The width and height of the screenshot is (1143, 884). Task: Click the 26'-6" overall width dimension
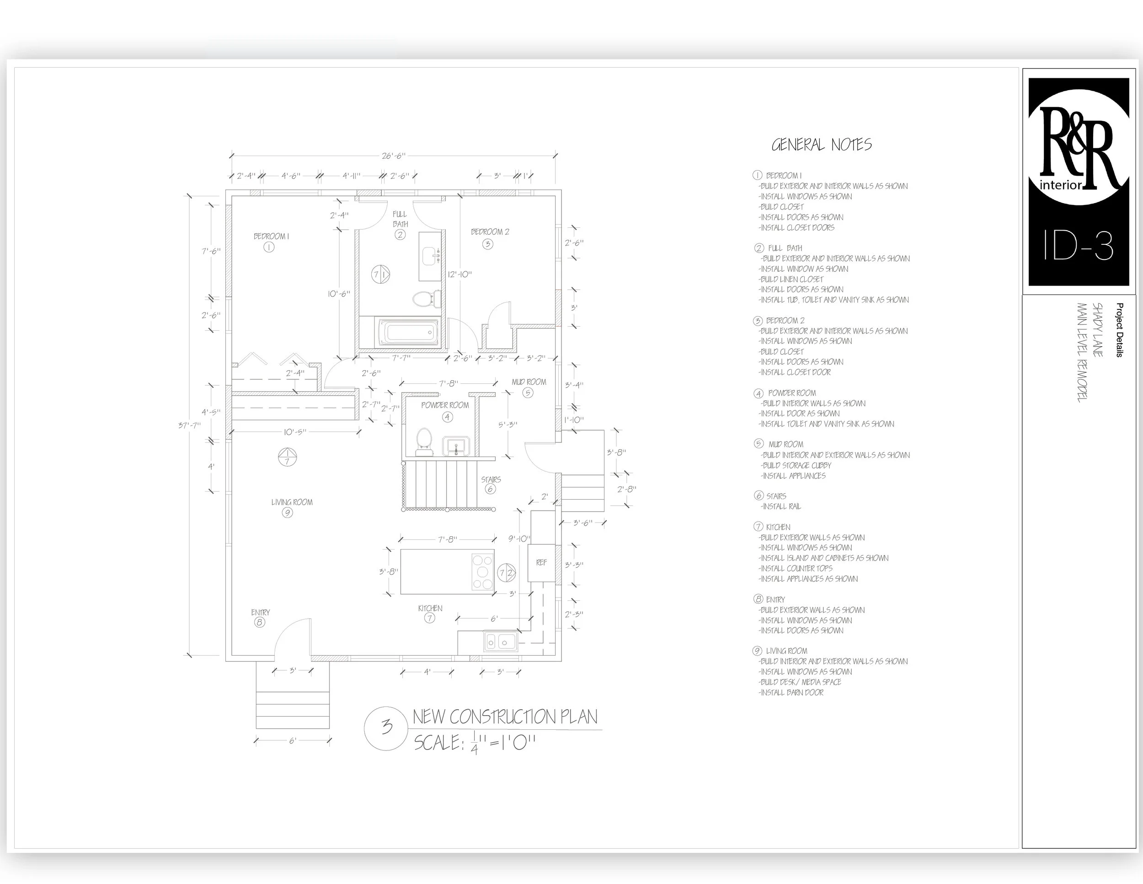[x=393, y=156]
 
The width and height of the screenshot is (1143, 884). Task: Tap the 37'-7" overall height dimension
[x=189, y=425]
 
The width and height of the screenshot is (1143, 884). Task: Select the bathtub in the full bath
[x=409, y=333]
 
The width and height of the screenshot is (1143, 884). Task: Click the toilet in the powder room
[x=423, y=442]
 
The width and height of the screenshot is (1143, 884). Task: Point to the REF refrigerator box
[x=541, y=563]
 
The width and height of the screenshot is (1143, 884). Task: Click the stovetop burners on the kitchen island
[x=482, y=572]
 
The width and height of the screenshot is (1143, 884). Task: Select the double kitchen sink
[x=500, y=641]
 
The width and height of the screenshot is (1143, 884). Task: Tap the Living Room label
[x=292, y=502]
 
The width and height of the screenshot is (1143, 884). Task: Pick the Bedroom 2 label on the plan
[x=490, y=232]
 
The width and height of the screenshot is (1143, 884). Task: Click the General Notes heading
[x=822, y=145]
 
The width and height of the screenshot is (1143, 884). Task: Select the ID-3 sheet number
[x=1078, y=246]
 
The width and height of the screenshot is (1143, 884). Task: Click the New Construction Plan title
[x=505, y=717]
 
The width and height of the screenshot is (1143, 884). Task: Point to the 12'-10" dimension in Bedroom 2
[x=459, y=275]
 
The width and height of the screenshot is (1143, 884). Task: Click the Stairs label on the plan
[x=491, y=480]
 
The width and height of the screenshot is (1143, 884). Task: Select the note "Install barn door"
[x=792, y=693]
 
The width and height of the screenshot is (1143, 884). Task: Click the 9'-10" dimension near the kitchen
[x=519, y=539]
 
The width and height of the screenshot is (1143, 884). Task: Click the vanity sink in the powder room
[x=456, y=447]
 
